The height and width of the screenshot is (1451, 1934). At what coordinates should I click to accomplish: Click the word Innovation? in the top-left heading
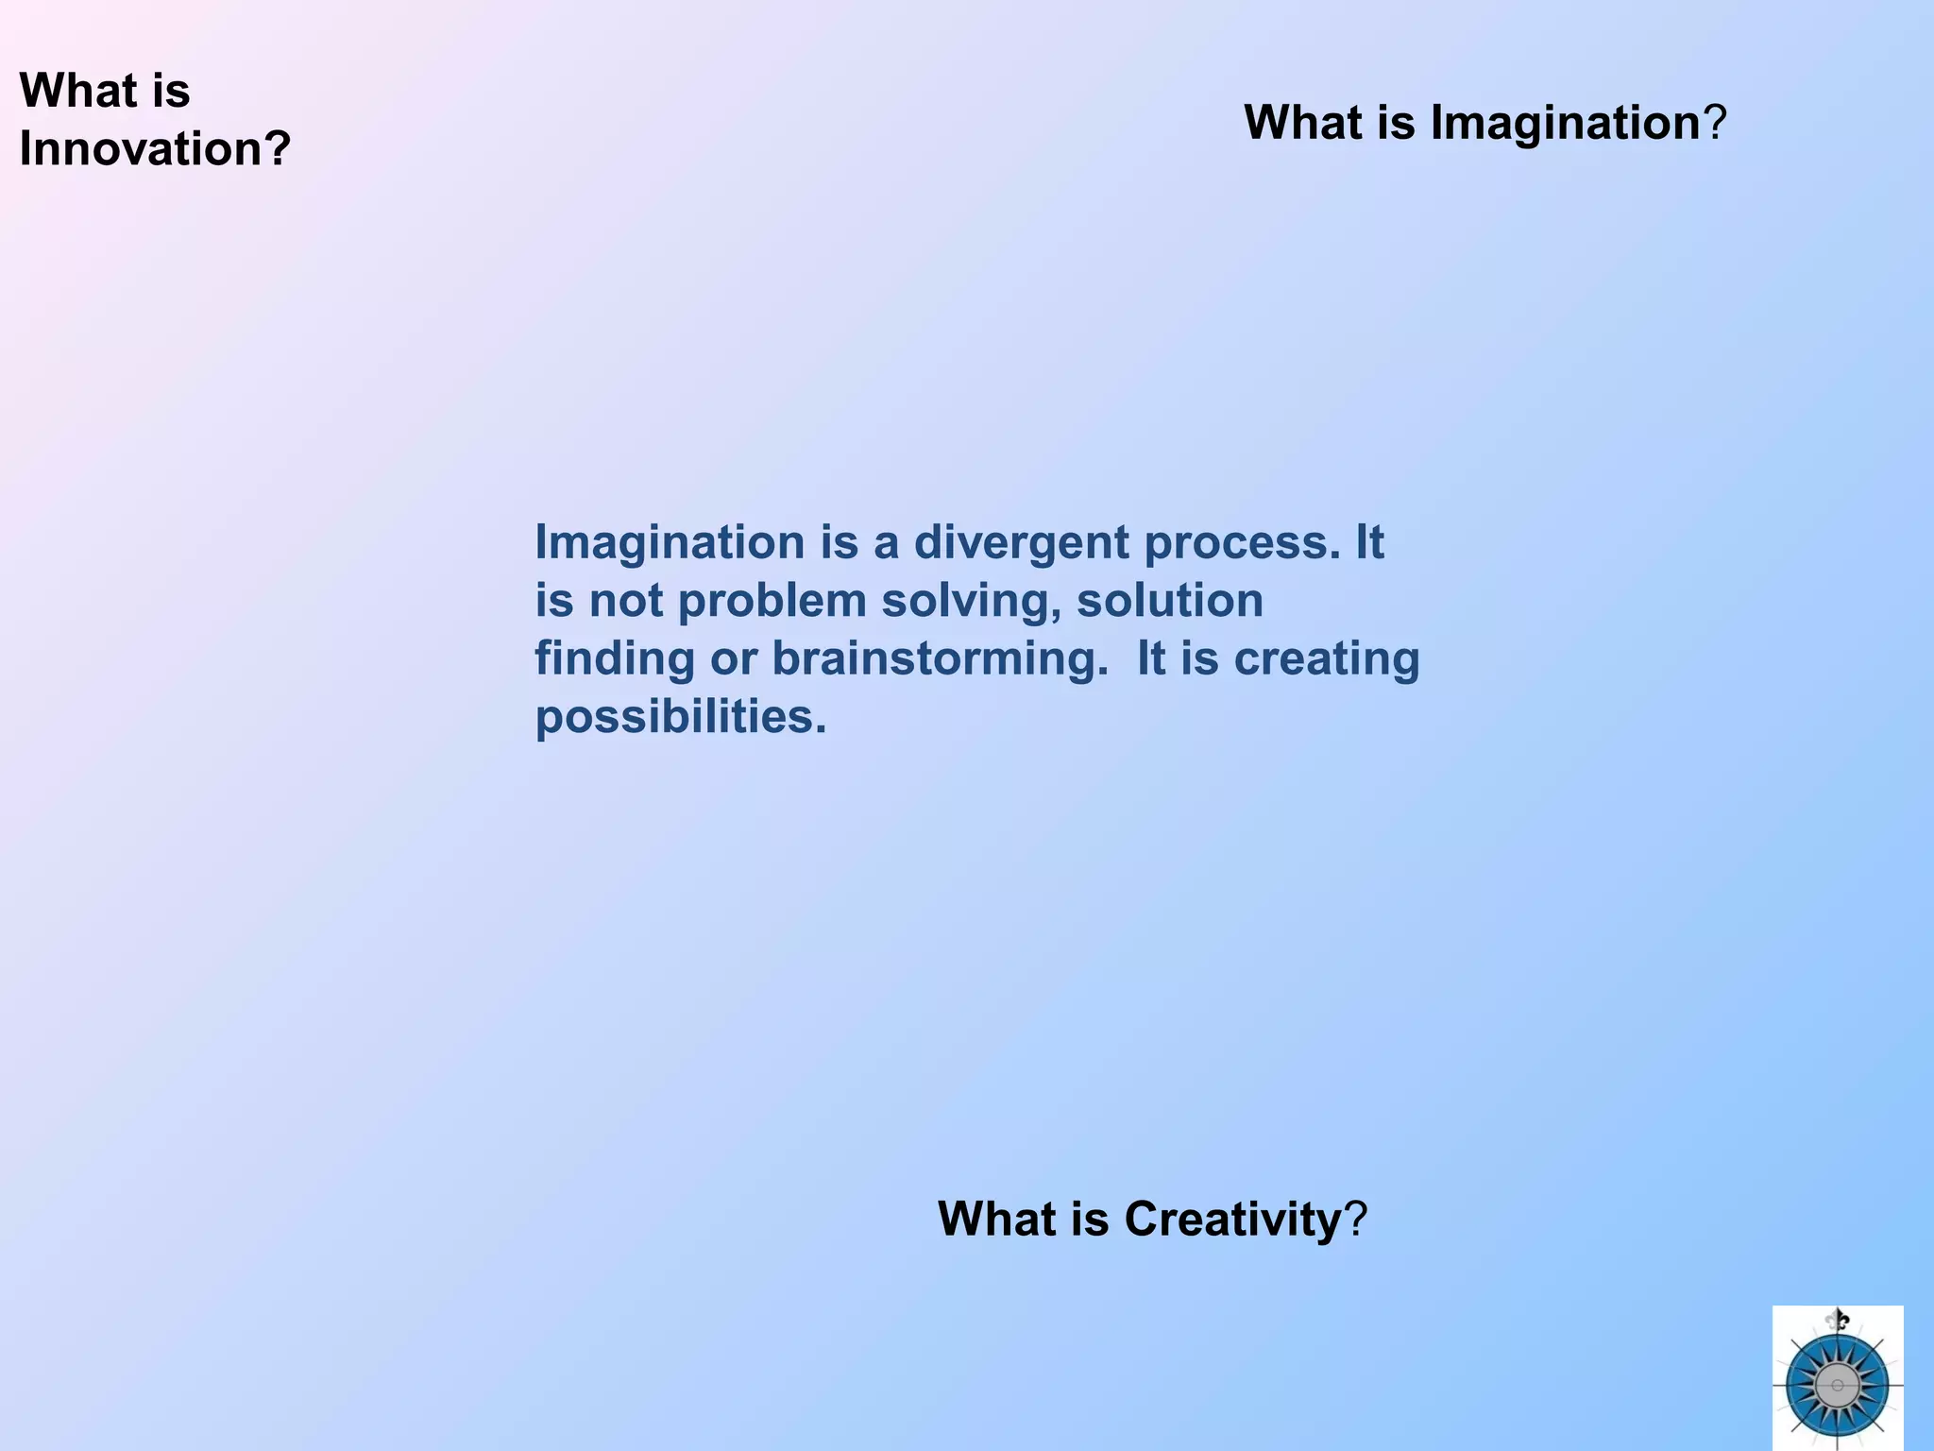pyautogui.click(x=155, y=149)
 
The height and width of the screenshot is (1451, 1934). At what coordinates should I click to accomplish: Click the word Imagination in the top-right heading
pyautogui.click(x=1565, y=123)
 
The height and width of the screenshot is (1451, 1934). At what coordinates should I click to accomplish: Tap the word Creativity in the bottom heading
pyautogui.click(x=1232, y=1219)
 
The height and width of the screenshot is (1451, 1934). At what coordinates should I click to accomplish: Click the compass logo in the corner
pyautogui.click(x=1837, y=1384)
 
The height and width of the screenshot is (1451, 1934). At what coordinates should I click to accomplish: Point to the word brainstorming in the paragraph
pyautogui.click(x=940, y=658)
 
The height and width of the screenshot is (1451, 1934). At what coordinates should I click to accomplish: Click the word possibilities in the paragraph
pyautogui.click(x=680, y=717)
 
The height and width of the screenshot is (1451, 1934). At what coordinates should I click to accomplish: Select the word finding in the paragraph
pyautogui.click(x=615, y=658)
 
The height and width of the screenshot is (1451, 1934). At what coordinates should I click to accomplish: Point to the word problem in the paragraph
pyautogui.click(x=772, y=601)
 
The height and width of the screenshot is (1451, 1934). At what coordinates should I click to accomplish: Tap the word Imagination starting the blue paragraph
pyautogui.click(x=670, y=542)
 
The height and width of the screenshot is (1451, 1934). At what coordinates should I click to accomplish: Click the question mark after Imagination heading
pyautogui.click(x=1715, y=123)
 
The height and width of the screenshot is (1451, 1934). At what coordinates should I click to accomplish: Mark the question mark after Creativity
pyautogui.click(x=1356, y=1219)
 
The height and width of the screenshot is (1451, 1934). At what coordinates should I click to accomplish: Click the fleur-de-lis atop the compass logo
pyautogui.click(x=1837, y=1320)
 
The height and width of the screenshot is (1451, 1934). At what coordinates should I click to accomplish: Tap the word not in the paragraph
pyautogui.click(x=625, y=601)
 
